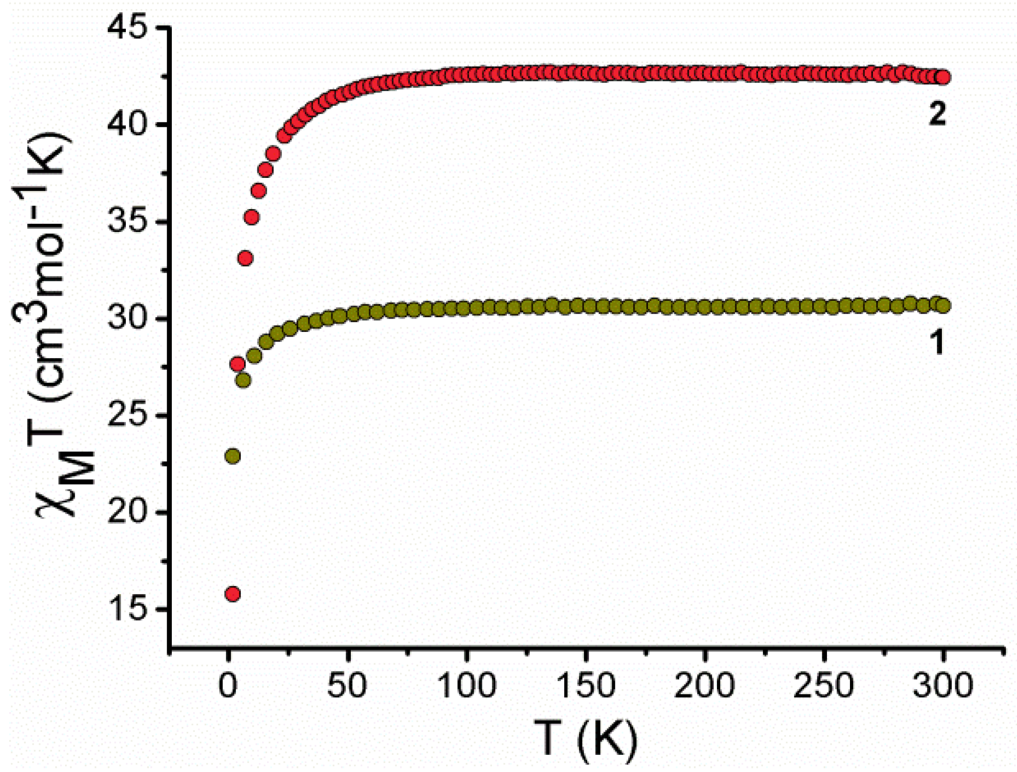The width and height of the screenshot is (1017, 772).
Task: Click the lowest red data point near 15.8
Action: coord(233,594)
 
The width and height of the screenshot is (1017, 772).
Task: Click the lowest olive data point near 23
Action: coord(233,456)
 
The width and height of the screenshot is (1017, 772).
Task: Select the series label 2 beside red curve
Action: coord(937,114)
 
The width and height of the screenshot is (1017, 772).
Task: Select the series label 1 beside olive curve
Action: coord(937,342)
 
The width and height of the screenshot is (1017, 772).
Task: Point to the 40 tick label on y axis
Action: coord(126,125)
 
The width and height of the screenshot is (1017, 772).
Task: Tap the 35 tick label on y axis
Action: coord(126,222)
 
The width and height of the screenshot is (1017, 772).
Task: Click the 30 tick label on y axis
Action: coord(126,319)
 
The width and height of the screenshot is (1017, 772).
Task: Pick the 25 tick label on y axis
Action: coord(126,415)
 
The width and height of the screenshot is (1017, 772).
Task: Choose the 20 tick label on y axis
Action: coord(126,512)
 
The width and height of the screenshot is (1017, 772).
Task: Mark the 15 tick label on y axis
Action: coord(126,609)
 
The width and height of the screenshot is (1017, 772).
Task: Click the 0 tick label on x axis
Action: coord(228,685)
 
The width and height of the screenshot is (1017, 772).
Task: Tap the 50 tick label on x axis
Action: coord(347,685)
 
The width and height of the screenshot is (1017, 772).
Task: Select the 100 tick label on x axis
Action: coord(467,685)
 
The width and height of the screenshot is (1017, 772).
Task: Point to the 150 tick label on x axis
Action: coord(585,685)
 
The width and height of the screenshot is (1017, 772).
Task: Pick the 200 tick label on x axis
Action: coord(704,685)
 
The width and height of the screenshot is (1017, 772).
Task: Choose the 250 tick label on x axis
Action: coord(824,685)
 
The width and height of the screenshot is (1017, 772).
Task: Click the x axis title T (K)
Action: coord(585,739)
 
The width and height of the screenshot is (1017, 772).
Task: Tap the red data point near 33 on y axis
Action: coord(246,259)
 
